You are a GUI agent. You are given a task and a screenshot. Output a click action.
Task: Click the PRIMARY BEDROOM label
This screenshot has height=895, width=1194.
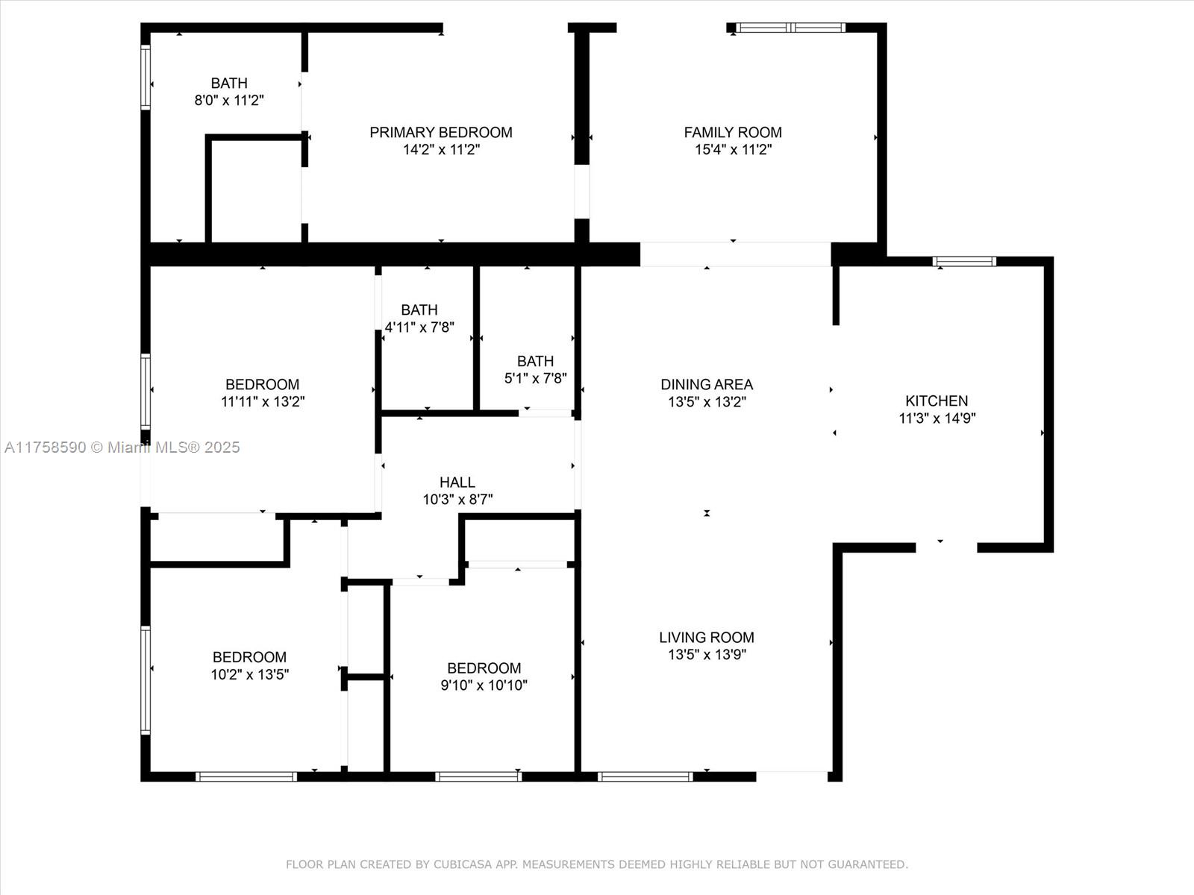(440, 132)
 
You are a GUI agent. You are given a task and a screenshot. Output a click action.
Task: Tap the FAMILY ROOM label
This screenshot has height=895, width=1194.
(733, 132)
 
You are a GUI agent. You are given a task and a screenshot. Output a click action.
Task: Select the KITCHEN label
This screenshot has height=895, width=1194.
(937, 401)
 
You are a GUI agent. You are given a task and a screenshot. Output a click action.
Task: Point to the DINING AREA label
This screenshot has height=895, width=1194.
(707, 384)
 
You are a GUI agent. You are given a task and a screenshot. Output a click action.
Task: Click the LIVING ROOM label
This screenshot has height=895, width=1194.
(707, 637)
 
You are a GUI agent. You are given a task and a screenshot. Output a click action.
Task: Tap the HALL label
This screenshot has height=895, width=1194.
(457, 482)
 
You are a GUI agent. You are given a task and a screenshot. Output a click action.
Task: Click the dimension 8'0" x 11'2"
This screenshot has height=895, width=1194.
(229, 101)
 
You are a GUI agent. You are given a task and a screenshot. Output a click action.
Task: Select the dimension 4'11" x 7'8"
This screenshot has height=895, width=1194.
(419, 327)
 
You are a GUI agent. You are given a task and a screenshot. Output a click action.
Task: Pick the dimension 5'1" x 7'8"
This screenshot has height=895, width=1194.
(535, 378)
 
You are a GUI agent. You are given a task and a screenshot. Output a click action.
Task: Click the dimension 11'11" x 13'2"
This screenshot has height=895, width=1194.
(263, 401)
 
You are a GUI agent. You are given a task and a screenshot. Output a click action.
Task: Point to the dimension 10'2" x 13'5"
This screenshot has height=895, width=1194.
(250, 674)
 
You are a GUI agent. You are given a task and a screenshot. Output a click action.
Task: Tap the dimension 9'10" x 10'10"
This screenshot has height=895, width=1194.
(484, 685)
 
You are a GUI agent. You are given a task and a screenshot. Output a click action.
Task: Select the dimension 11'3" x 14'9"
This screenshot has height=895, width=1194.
(937, 418)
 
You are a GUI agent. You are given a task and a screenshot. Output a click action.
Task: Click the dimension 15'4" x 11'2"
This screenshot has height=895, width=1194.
(734, 149)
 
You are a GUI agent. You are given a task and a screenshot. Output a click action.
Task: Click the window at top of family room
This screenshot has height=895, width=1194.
(791, 28)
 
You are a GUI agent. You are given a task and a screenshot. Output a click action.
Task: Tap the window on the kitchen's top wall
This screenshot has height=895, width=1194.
(964, 261)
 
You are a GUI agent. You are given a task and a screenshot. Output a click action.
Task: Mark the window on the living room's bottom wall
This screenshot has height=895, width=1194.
(646, 776)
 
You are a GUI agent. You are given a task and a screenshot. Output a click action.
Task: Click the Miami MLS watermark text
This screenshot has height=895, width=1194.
(122, 447)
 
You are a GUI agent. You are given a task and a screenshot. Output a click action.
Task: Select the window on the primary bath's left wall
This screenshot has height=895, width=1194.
(146, 77)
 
